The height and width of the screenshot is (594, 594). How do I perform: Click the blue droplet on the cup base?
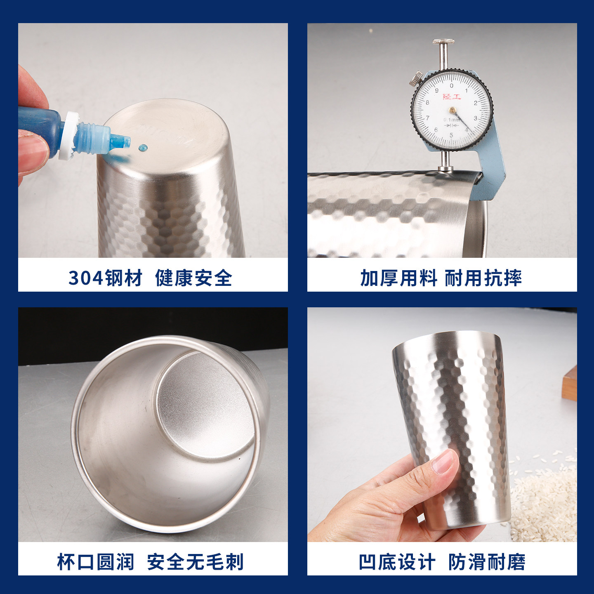143,147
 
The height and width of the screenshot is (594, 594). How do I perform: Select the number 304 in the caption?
85,278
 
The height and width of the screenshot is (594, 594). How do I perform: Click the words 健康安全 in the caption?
193,278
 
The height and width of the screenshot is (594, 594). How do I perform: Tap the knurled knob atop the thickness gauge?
444,42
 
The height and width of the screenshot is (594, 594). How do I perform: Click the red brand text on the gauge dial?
452,97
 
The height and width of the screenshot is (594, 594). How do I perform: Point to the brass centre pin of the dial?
453,110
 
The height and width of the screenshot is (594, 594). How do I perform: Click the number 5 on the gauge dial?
451,135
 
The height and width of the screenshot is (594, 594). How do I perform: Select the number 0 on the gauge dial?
452,86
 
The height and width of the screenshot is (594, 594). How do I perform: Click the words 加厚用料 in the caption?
398,278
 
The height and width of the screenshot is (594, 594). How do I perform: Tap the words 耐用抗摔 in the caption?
483,278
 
